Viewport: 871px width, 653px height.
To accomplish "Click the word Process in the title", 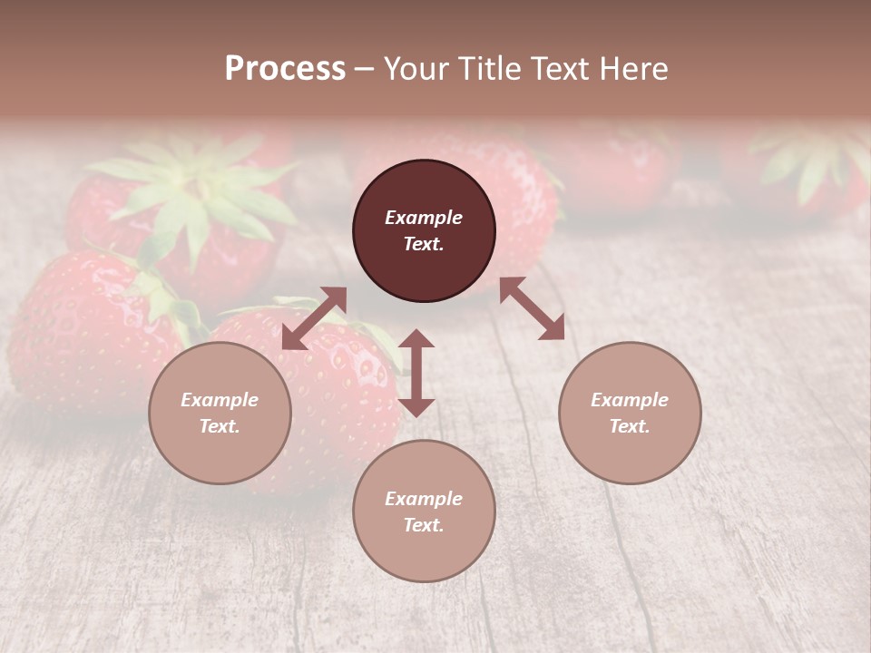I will tap(285, 69).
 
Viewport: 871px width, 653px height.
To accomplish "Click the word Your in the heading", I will tap(415, 69).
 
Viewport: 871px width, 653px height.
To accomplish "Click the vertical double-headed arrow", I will tap(416, 373).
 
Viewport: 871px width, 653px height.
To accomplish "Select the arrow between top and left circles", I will tap(314, 318).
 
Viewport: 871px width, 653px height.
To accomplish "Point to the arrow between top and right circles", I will tap(532, 308).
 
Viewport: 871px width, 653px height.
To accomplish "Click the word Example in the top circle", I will tap(424, 218).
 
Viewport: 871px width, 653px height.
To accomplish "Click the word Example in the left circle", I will tap(220, 400).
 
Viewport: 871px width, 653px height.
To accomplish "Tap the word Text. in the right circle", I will tap(630, 426).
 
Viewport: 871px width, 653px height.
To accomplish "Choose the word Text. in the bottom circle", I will tap(424, 525).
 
